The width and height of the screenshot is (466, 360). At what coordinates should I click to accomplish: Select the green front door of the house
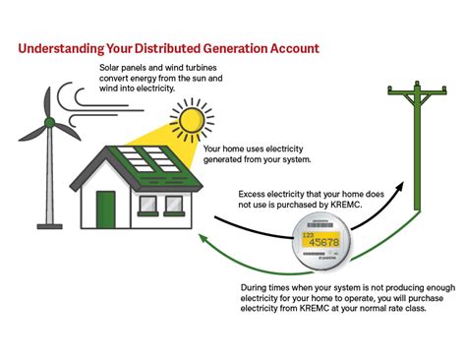[x=105, y=207]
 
